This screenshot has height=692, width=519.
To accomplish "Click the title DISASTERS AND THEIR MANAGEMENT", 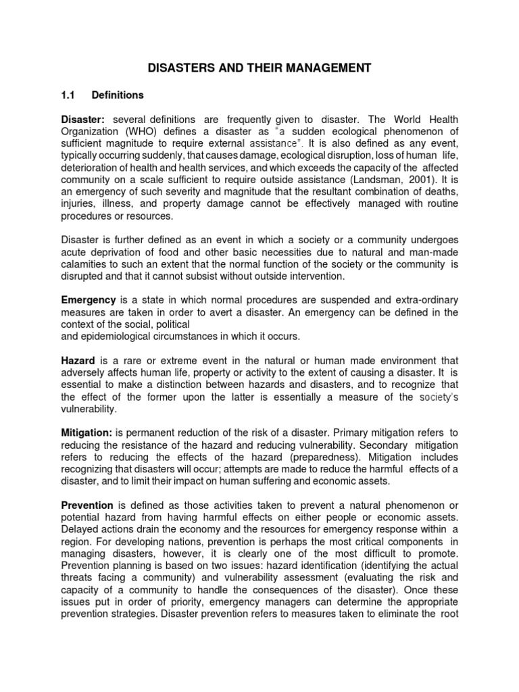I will pos(259,68).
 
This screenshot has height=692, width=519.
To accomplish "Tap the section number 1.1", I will pos(68,95).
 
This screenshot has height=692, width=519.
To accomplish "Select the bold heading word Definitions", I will pos(118,95).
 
